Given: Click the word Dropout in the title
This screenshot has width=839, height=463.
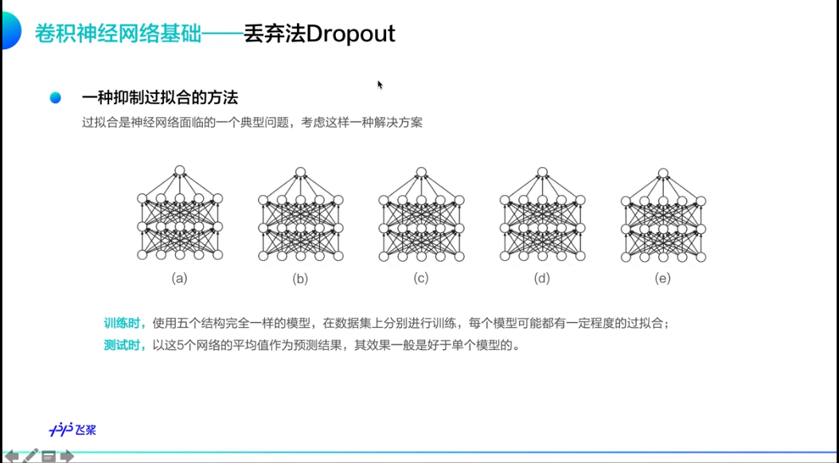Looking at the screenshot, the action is click(x=350, y=34).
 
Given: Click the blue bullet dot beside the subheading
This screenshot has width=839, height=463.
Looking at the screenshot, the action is click(x=55, y=98).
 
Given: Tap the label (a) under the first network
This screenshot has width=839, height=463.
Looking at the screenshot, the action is click(x=180, y=278).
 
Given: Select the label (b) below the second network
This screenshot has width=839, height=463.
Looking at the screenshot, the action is click(x=300, y=278).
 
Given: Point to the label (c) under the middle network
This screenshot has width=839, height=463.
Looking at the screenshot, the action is click(x=421, y=278).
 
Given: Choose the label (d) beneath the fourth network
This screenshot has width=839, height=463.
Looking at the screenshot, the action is click(x=542, y=278).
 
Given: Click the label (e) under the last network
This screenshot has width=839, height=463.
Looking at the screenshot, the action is click(x=663, y=278).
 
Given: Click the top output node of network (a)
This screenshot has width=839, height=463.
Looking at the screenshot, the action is click(x=180, y=171).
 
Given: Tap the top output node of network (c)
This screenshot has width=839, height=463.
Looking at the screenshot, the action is click(x=421, y=171).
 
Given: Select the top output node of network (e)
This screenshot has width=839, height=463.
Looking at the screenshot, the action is click(x=663, y=171).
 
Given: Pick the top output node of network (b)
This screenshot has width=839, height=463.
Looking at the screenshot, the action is click(x=300, y=171).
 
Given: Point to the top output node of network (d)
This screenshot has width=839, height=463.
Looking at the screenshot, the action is click(x=542, y=171).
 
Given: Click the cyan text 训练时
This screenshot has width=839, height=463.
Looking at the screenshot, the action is click(x=124, y=323).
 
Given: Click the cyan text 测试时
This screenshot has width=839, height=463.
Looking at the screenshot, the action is click(x=124, y=346).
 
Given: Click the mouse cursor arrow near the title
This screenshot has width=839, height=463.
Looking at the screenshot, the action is click(x=380, y=84).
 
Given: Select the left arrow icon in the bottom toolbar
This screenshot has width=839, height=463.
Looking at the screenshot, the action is click(x=11, y=456).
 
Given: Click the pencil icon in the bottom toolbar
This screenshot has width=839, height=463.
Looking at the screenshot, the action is click(x=30, y=456).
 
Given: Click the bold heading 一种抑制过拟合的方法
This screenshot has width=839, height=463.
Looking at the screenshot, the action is click(x=160, y=98).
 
